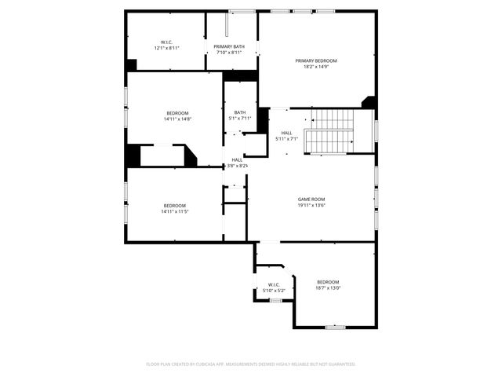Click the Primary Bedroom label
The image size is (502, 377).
(x=316, y=60)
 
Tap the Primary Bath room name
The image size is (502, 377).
(x=228, y=47)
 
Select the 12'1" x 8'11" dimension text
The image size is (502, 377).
(x=166, y=48)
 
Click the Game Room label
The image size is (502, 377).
(x=311, y=199)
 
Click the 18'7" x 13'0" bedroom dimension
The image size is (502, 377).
(x=328, y=288)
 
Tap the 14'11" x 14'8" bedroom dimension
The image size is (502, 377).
(x=177, y=119)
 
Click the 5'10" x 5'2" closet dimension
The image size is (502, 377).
(x=274, y=291)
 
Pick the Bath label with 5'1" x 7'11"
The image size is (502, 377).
(x=239, y=112)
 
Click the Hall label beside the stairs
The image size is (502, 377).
(x=286, y=133)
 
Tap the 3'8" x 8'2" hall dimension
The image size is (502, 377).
(x=237, y=166)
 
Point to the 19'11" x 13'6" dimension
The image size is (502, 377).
(x=311, y=206)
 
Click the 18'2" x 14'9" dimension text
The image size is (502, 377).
(x=316, y=67)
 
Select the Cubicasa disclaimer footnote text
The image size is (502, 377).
(x=251, y=364)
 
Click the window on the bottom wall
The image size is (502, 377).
(x=335, y=327)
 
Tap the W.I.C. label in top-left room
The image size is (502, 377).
(x=166, y=42)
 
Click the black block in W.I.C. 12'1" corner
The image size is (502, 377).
(x=131, y=65)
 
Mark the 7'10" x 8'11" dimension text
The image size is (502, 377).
(x=228, y=53)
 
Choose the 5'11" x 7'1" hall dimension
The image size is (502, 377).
(x=286, y=139)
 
